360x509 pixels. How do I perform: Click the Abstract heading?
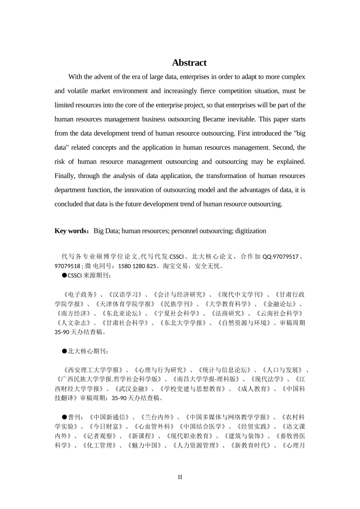pyautogui.click(x=189, y=63)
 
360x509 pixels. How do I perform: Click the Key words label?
pyautogui.click(x=71, y=231)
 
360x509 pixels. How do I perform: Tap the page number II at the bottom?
pyautogui.click(x=180, y=477)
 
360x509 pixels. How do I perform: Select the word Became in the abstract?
pyautogui.click(x=215, y=119)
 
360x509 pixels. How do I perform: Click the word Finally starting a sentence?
pyautogui.click(x=65, y=176)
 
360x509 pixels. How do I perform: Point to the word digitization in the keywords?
pyautogui.click(x=250, y=231)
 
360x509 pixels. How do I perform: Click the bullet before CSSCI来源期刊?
pyautogui.click(x=64, y=275)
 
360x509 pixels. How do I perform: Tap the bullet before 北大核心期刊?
pyautogui.click(x=64, y=351)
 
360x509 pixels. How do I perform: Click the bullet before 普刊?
pyautogui.click(x=64, y=417)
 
